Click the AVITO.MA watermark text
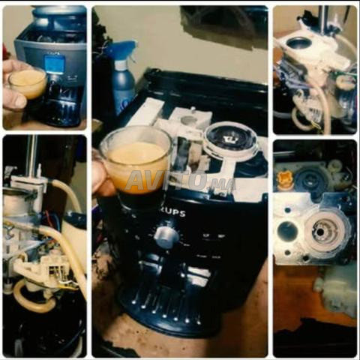point(181,181)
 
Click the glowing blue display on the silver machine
point(55,64)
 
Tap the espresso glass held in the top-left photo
point(28,83)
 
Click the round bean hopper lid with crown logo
point(229,138)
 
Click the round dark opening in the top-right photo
point(299,43)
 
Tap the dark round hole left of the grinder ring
point(287,230)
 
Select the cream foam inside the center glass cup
point(137,156)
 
